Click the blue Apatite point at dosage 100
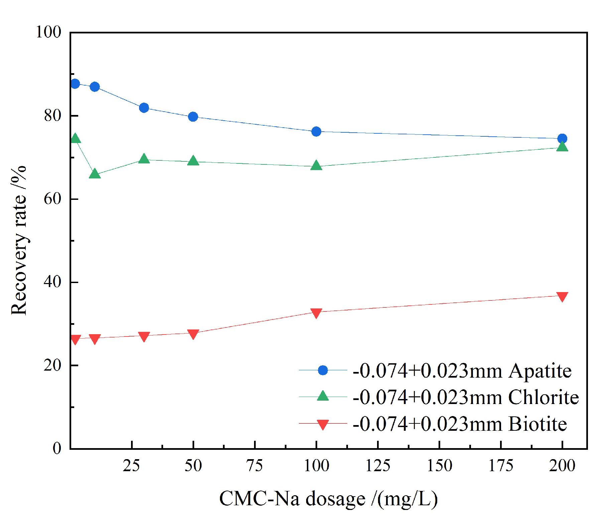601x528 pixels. (316, 131)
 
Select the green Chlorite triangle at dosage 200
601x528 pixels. (562, 146)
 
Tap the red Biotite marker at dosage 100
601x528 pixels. (316, 313)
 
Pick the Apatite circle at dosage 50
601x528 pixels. (193, 117)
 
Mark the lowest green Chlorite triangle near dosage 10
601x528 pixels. (95, 174)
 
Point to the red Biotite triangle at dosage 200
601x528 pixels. (562, 296)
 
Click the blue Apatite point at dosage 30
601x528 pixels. (144, 108)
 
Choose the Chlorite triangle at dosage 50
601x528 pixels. (193, 161)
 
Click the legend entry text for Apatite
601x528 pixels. (462, 371)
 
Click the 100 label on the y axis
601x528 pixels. (48, 32)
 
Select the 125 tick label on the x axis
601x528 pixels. (378, 466)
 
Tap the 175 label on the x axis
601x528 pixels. (501, 466)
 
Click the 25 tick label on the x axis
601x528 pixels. (131, 466)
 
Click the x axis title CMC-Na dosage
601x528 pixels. (328, 499)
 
